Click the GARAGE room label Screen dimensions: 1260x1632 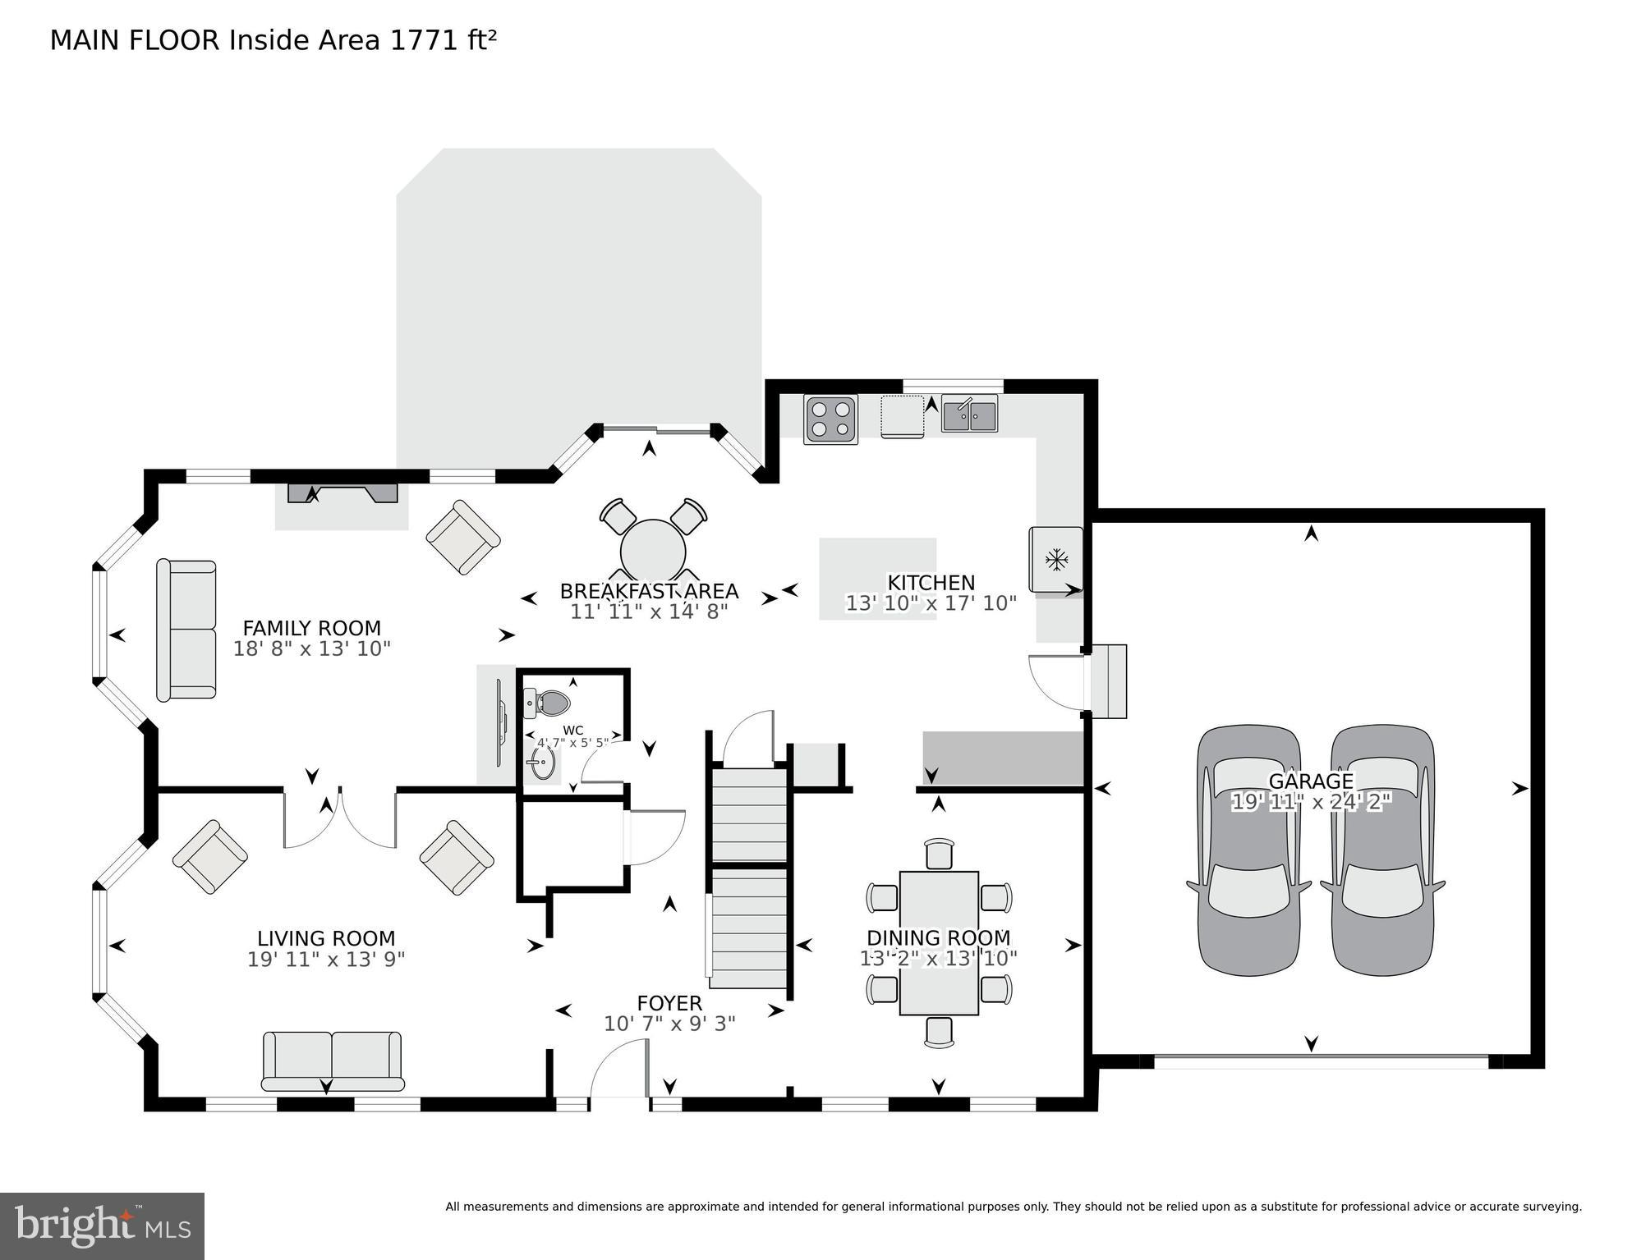click(x=1311, y=781)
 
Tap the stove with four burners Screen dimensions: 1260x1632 click(x=830, y=419)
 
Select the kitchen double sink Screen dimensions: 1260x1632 click(x=969, y=414)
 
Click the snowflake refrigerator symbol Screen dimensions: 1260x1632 click(x=1055, y=560)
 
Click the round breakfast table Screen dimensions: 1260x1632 click(x=653, y=550)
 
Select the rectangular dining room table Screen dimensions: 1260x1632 click(x=939, y=942)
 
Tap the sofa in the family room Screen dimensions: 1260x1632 click(x=186, y=630)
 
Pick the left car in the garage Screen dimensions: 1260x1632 click(x=1248, y=850)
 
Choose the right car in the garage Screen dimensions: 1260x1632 click(x=1382, y=850)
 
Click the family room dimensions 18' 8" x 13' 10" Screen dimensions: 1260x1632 click(x=312, y=648)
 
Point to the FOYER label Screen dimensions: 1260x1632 click(x=669, y=1003)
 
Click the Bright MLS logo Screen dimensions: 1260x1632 click(x=102, y=1226)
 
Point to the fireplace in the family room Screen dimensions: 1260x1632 click(x=342, y=494)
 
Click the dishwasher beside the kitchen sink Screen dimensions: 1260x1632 click(x=902, y=416)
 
